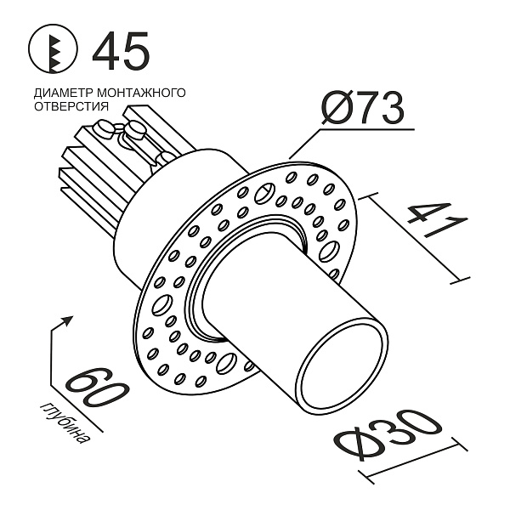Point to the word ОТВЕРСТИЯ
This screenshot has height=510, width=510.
click(71, 106)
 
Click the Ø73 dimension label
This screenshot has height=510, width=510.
click(361, 108)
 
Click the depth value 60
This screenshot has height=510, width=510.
click(96, 390)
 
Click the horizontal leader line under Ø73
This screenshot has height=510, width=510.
click(365, 131)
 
